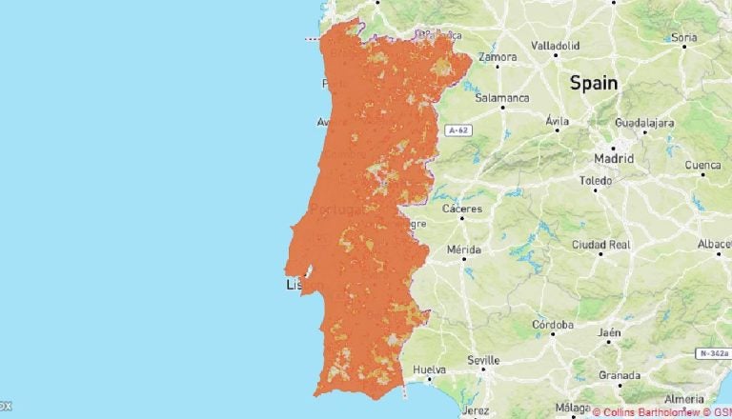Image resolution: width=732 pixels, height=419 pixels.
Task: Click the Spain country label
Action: pos(594,83)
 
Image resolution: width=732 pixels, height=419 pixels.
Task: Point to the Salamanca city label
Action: pos(503,97)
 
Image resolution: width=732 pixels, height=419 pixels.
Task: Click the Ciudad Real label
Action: pos(601,245)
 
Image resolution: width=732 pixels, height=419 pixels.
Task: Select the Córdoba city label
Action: pos(553,325)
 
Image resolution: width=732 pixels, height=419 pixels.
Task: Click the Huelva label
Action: pos(430,369)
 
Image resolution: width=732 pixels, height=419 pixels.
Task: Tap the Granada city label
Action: pos(620,374)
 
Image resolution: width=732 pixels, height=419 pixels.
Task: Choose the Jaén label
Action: pos(609,332)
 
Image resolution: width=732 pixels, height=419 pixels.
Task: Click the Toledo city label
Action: pos(596,180)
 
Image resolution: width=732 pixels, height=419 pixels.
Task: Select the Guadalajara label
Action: pos(645,123)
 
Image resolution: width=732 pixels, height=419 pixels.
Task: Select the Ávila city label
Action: pos(557,121)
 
